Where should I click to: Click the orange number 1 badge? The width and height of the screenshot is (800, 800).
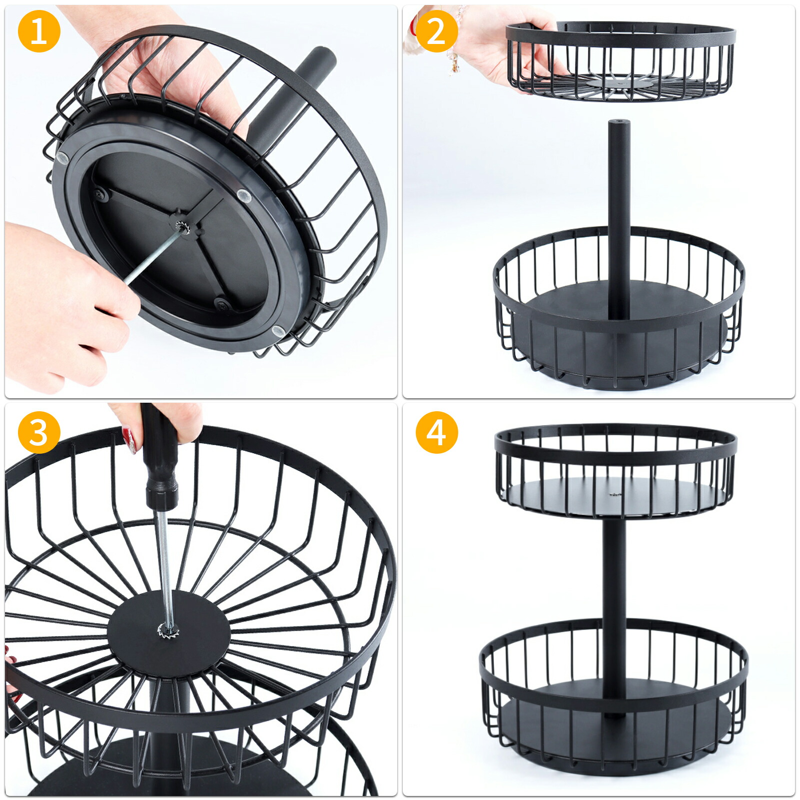[x=39, y=31]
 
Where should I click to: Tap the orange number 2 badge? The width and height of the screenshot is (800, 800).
[x=437, y=31]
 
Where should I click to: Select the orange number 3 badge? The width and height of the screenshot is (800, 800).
[x=39, y=432]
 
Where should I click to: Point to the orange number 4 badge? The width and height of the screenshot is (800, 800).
[x=437, y=432]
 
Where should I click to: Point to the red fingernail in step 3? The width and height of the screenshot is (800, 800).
[x=131, y=440]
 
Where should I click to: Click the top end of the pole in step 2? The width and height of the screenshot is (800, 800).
[x=619, y=122]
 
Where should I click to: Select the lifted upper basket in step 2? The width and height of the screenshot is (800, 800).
[x=621, y=60]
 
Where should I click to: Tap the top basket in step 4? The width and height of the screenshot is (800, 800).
[x=616, y=472]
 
